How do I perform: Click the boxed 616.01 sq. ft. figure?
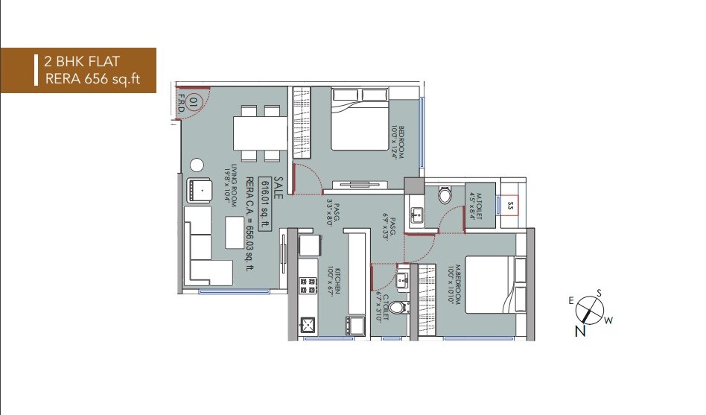(263, 205)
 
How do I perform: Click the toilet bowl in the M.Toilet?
(445, 196)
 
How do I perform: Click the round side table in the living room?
(197, 165)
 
